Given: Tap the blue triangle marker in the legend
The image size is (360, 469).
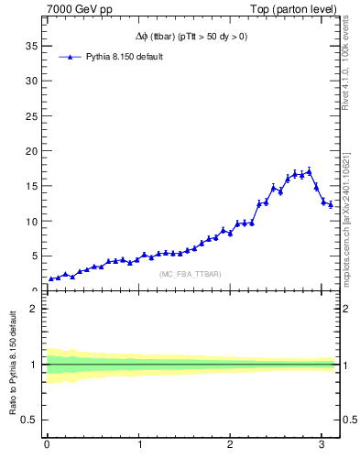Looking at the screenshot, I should pos(71,57).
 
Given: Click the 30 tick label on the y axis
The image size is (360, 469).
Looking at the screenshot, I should pos(31,80).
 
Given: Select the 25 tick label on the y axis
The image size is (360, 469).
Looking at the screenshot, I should pos(31,115).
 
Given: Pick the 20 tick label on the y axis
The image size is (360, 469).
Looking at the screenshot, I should pos(31,150).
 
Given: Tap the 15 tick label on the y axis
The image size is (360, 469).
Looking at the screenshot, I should pos(31,186).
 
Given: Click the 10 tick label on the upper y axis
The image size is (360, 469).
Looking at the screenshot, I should pos(31,221).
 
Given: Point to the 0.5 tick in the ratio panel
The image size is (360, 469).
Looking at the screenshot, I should pos(29,420).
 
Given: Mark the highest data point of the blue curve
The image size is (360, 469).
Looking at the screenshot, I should pos(310,171).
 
